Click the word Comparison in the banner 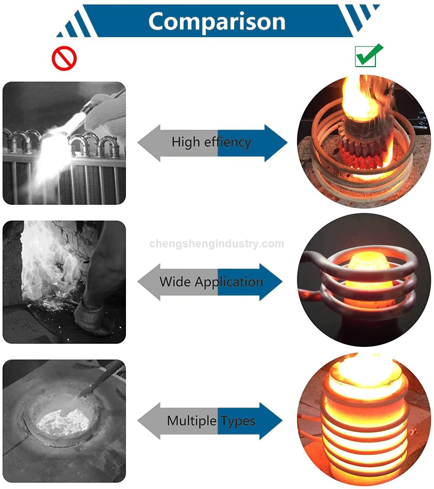pyautogui.click(x=217, y=22)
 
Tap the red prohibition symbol pyautogui.click(x=64, y=58)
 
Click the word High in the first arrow pyautogui.click(x=186, y=142)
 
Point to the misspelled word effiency pyautogui.click(x=228, y=142)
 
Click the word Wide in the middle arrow pyautogui.click(x=175, y=281)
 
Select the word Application pyautogui.click(x=229, y=282)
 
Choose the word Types pyautogui.click(x=238, y=422)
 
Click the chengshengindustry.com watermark pyautogui.click(x=217, y=244)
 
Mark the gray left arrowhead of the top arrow pyautogui.click(x=149, y=143)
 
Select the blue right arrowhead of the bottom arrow pyautogui.click(x=271, y=421)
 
